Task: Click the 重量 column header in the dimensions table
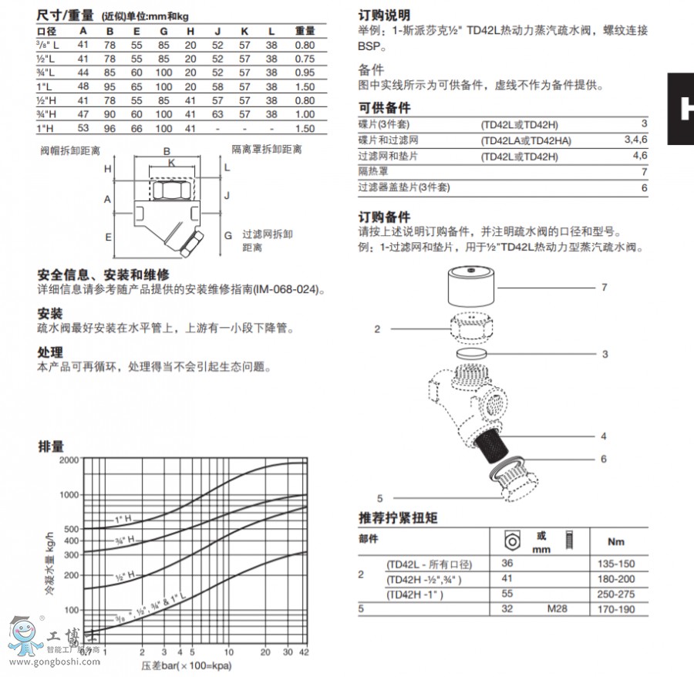tap(305, 31)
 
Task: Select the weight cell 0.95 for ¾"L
tap(305, 72)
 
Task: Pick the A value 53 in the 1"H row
tap(83, 129)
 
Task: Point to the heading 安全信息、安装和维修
tap(103, 275)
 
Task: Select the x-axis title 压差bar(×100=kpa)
tap(187, 665)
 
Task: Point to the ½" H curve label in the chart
tap(126, 574)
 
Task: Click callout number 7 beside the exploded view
tap(604, 287)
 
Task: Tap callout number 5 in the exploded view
tap(380, 497)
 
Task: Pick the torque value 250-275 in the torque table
tap(615, 594)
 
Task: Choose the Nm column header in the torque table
tap(616, 541)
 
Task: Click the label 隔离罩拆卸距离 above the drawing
tap(268, 149)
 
